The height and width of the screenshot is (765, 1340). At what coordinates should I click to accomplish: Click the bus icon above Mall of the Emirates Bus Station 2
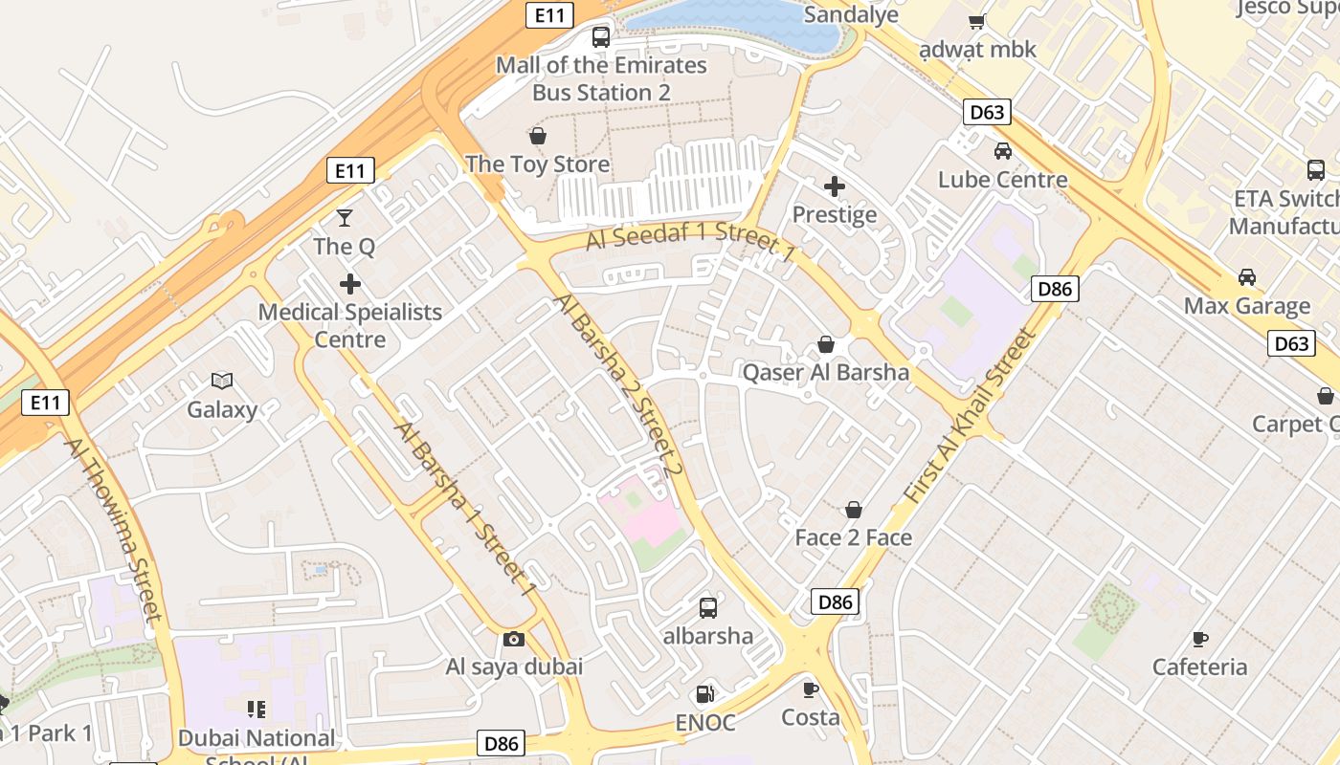coord(601,37)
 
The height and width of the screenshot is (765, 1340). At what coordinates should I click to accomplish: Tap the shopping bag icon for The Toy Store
coord(538,137)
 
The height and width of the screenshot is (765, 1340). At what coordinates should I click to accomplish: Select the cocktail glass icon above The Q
coord(345,218)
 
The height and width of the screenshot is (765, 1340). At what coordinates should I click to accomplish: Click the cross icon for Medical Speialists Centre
coord(350,284)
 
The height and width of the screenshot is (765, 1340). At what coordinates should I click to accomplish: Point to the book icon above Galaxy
coord(222,382)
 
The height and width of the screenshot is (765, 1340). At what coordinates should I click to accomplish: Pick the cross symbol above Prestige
coord(835,186)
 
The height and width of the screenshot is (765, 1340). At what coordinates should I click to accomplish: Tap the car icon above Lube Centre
coord(1003,151)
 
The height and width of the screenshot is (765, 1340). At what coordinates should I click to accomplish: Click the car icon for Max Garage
coord(1246,277)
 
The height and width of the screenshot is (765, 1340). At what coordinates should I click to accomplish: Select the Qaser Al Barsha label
coord(826,372)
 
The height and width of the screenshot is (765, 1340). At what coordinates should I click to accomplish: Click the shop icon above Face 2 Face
coord(854,510)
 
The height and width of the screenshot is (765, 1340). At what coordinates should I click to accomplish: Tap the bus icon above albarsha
coord(708,607)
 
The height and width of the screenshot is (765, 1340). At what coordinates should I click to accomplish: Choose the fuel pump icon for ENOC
coord(704,693)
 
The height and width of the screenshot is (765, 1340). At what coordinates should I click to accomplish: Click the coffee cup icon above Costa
coord(811,689)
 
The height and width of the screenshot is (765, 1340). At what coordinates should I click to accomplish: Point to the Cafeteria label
coord(1199,667)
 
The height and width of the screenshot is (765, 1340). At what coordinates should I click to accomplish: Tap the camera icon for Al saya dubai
coord(514,639)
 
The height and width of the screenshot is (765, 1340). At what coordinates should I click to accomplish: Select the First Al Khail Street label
coord(971,417)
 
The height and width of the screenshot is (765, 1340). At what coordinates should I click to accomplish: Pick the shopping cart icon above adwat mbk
coord(977,21)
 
